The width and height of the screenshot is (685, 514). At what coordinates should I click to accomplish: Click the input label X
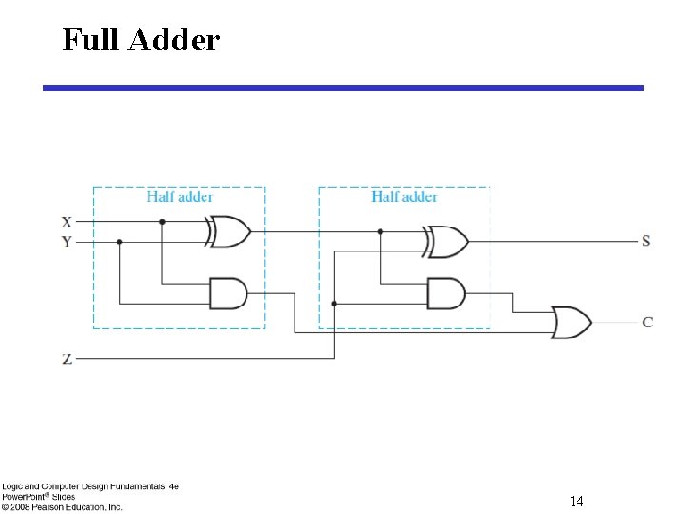67,222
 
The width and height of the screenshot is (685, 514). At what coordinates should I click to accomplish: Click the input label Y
67,242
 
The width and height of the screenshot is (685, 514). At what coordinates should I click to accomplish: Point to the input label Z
67,359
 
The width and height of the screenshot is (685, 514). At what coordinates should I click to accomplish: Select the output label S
646,241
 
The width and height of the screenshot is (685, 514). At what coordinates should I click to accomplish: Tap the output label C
647,322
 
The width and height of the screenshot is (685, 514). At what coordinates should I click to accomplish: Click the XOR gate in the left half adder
229,231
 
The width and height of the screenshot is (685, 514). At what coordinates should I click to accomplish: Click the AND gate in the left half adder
228,293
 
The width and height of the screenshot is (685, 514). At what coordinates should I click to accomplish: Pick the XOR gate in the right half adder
447,241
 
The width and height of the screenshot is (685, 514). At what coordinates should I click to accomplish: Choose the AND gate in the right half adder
446,293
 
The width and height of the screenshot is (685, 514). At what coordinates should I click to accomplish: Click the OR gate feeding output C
571,322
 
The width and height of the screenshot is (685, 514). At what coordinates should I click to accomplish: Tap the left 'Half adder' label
180,197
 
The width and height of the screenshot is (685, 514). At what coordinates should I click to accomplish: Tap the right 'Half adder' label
404,197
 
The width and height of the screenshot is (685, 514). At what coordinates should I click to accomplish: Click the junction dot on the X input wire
162,222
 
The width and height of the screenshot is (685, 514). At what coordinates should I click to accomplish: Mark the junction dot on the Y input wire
119,242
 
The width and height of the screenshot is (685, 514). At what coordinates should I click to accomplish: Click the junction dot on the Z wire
334,304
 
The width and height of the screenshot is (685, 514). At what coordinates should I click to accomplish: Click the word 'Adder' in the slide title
178,40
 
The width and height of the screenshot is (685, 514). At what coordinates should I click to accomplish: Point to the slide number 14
577,501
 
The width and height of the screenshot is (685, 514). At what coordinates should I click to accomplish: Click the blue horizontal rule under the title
342,88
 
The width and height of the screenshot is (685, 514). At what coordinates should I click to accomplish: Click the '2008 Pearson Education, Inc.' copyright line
63,507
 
